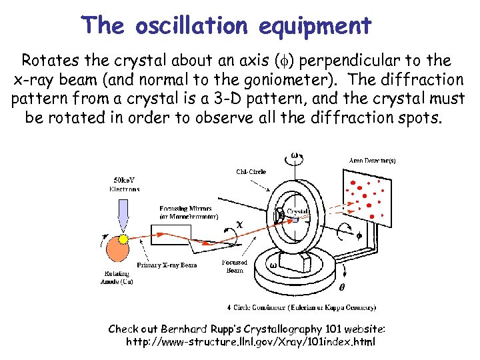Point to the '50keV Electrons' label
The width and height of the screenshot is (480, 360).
point(125,183)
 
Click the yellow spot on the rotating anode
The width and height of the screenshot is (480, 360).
point(123,238)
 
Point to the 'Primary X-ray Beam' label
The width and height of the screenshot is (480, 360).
point(167,265)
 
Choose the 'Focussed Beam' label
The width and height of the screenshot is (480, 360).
point(235,266)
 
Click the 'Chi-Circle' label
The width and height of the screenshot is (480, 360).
point(251,171)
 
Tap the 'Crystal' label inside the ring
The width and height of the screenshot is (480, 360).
point(297,211)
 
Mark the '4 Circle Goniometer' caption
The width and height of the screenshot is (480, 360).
point(301,307)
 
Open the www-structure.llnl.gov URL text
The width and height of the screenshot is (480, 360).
point(251,342)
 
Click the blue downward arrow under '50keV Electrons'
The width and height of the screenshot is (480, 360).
point(124,213)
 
